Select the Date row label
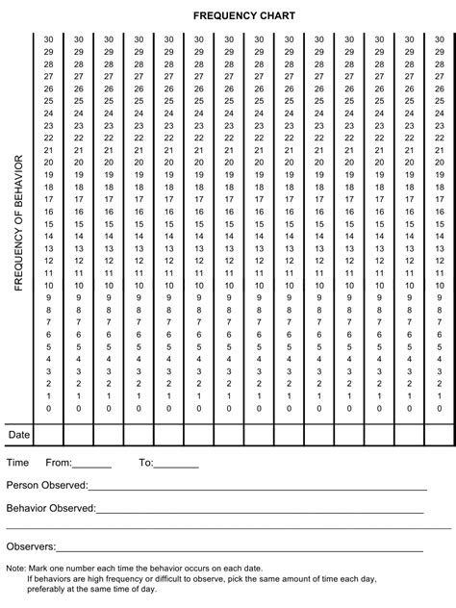click(20, 435)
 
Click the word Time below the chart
click(18, 463)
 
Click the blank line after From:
click(91, 465)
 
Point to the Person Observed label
click(47, 485)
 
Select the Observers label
click(31, 546)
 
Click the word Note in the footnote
click(15, 569)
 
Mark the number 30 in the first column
click(48, 39)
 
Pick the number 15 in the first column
click(48, 223)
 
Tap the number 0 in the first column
click(48, 408)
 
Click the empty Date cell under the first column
click(48, 435)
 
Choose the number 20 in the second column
click(78, 163)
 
